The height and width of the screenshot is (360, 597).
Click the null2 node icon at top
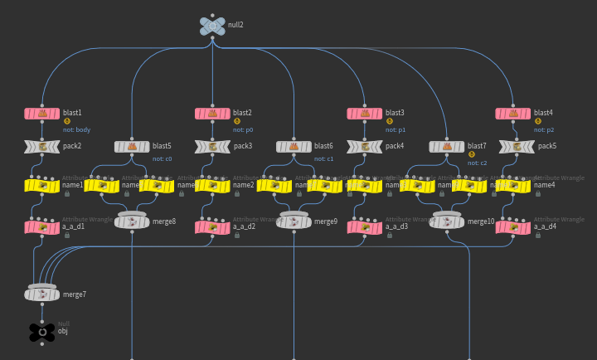pyautogui.click(x=212, y=27)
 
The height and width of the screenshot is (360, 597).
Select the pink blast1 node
pyautogui.click(x=42, y=114)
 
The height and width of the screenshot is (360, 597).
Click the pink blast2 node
pyautogui.click(x=212, y=114)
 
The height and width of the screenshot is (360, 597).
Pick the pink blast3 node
pyautogui.click(x=364, y=114)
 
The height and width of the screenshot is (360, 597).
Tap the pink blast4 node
pyautogui.click(x=512, y=114)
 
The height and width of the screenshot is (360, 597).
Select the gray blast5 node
pyautogui.click(x=132, y=147)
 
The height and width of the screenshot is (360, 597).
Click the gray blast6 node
pyautogui.click(x=294, y=147)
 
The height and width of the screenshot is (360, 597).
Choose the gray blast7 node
pyautogui.click(x=447, y=147)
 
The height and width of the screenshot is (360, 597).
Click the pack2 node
pyautogui.click(x=42, y=147)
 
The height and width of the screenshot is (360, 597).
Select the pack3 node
pyautogui.click(x=212, y=147)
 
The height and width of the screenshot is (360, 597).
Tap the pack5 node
pyautogui.click(x=517, y=147)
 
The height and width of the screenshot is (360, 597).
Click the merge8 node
pyautogui.click(x=133, y=221)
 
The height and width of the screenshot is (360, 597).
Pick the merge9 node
pyautogui.click(x=294, y=221)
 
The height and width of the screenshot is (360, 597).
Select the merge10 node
pyautogui.click(x=448, y=221)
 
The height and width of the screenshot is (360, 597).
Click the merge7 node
pyautogui.click(x=42, y=294)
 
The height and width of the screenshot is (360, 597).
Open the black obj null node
pyautogui.click(x=42, y=332)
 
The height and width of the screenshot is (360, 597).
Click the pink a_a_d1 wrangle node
pyautogui.click(x=42, y=226)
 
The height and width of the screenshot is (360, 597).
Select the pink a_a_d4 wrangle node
pyautogui.click(x=512, y=226)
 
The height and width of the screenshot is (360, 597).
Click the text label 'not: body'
pyautogui.click(x=77, y=129)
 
